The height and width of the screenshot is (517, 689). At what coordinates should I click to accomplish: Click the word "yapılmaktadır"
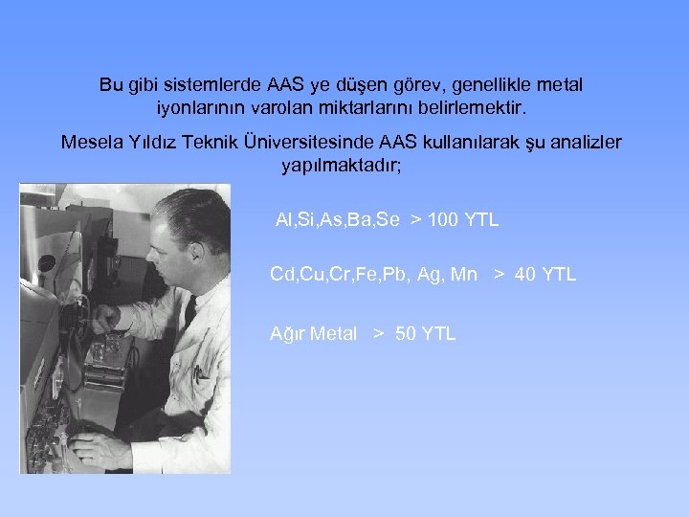[341, 166]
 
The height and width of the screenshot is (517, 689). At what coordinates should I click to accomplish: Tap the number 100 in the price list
[442, 220]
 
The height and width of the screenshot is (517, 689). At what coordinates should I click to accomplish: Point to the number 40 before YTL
[524, 276]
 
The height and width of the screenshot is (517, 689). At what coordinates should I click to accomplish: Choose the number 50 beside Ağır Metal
[406, 334]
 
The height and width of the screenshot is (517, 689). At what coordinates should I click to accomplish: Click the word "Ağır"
[287, 334]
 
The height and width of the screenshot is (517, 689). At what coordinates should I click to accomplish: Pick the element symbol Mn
[463, 276]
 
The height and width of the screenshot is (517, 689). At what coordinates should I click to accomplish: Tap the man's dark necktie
[189, 312]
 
